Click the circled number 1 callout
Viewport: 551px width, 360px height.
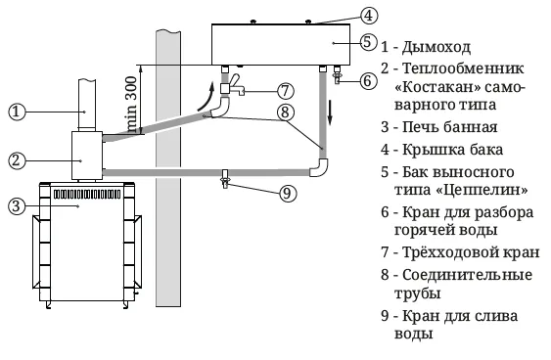17,112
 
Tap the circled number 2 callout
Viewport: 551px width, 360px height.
17,160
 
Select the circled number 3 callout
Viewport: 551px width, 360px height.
17,206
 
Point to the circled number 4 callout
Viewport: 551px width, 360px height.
369,16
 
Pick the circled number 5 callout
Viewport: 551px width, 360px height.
369,42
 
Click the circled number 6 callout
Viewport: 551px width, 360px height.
369,81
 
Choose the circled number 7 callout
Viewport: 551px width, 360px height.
285,91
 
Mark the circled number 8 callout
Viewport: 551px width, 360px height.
285,112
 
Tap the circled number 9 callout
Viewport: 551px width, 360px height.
288,193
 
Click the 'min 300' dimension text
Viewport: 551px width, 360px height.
131,105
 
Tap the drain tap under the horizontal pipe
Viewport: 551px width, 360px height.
225,179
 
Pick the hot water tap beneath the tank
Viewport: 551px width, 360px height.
338,74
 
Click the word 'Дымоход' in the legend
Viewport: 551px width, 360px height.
436,47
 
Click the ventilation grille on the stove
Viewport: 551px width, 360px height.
87,194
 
